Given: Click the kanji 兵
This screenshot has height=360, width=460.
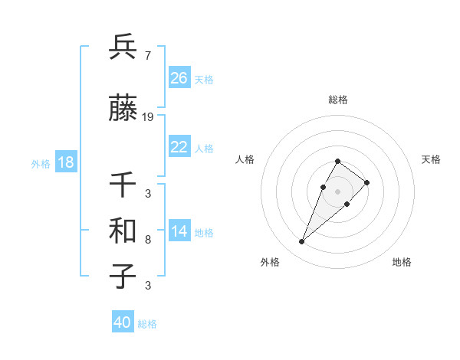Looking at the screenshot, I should pyautogui.click(x=123, y=47).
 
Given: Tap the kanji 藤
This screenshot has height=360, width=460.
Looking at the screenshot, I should pyautogui.click(x=123, y=110).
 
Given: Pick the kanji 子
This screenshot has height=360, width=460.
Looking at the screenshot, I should pyautogui.click(x=123, y=277).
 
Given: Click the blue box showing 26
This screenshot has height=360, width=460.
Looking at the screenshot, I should pyautogui.click(x=179, y=78).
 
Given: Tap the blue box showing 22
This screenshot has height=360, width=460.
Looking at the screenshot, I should pyautogui.click(x=179, y=147).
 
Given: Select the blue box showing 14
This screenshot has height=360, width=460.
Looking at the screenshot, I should pyautogui.click(x=179, y=232).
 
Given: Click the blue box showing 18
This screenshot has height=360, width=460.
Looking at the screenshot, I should pyautogui.click(x=66, y=163).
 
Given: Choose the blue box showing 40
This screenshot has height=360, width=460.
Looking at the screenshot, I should pyautogui.click(x=123, y=322).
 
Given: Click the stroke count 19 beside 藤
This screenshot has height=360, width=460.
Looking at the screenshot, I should pyautogui.click(x=148, y=116).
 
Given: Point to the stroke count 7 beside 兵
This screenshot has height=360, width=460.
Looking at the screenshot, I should pyautogui.click(x=147, y=56).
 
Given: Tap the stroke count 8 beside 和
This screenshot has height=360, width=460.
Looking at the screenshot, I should pyautogui.click(x=147, y=240).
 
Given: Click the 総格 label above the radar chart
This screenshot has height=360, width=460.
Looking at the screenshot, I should pyautogui.click(x=338, y=100).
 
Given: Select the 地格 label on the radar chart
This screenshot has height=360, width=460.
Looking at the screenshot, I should pyautogui.click(x=402, y=262).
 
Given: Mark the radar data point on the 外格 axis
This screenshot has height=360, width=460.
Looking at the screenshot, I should pyautogui.click(x=302, y=242).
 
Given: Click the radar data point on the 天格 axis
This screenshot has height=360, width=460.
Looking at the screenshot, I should pyautogui.click(x=367, y=182).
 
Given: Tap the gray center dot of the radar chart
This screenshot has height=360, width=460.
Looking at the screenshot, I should pyautogui.click(x=338, y=191).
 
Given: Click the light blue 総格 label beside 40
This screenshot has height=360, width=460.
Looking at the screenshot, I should pyautogui.click(x=147, y=324).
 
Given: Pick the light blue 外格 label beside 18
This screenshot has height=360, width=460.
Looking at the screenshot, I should pyautogui.click(x=41, y=164).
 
